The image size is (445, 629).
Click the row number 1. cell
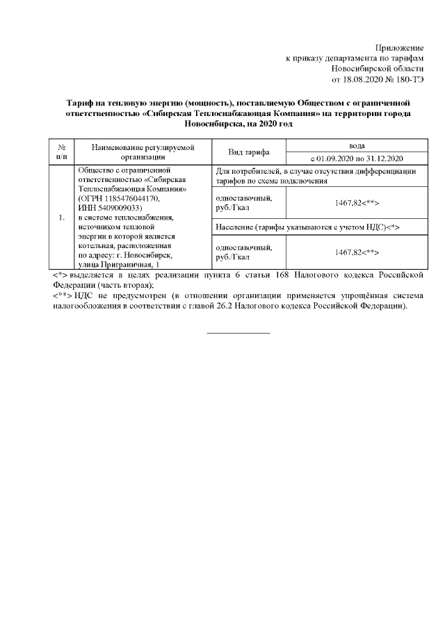coord(62,218)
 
